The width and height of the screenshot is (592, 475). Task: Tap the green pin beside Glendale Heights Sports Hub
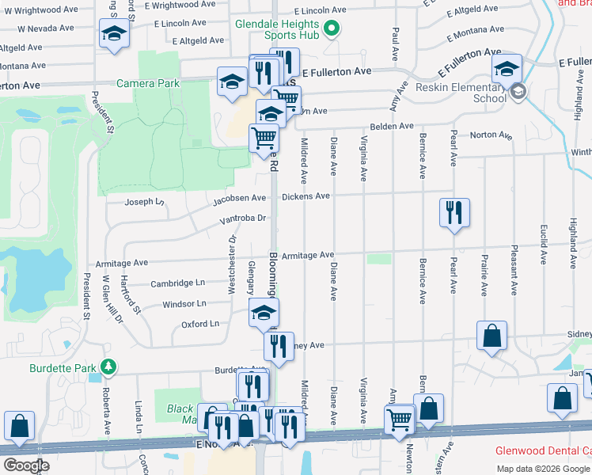(x=332, y=31)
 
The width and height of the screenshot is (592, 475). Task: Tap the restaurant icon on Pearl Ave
(x=453, y=212)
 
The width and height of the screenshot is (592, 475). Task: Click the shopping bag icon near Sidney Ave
(x=492, y=335)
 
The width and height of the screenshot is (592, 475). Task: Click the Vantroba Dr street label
(x=244, y=218)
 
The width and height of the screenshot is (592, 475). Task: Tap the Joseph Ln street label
(x=144, y=202)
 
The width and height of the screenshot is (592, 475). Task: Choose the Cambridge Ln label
(x=178, y=283)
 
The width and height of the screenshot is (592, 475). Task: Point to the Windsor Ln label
(x=184, y=303)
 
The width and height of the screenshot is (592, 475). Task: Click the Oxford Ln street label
(x=199, y=324)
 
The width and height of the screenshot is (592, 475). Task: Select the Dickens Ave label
(x=305, y=196)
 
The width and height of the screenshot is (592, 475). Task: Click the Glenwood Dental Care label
(x=543, y=450)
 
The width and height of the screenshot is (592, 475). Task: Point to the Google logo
(x=26, y=465)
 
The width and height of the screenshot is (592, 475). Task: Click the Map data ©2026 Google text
(x=544, y=469)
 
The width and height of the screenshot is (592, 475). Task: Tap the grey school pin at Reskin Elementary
(x=518, y=91)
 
